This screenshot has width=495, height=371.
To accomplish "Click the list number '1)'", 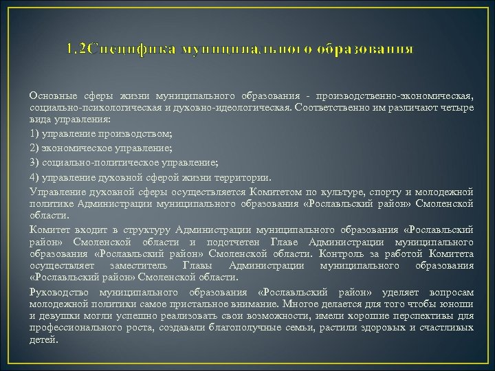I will pos(35,131).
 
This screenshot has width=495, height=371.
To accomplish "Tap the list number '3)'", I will pos(35,163).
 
